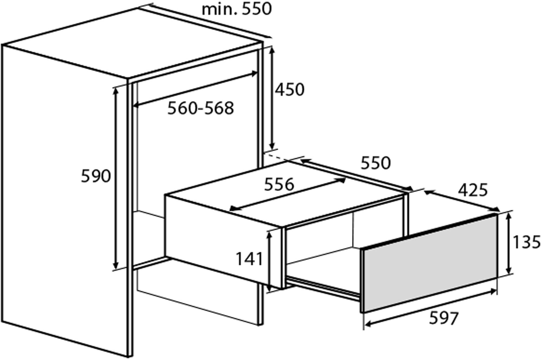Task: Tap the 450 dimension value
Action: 290,89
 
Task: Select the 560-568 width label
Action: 201,108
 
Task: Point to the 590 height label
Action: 96,176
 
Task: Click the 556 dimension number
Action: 279,184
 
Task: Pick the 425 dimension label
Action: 473,190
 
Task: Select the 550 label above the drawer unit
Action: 376,163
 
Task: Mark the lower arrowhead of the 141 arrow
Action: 269,288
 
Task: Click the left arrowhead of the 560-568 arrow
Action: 136,105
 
